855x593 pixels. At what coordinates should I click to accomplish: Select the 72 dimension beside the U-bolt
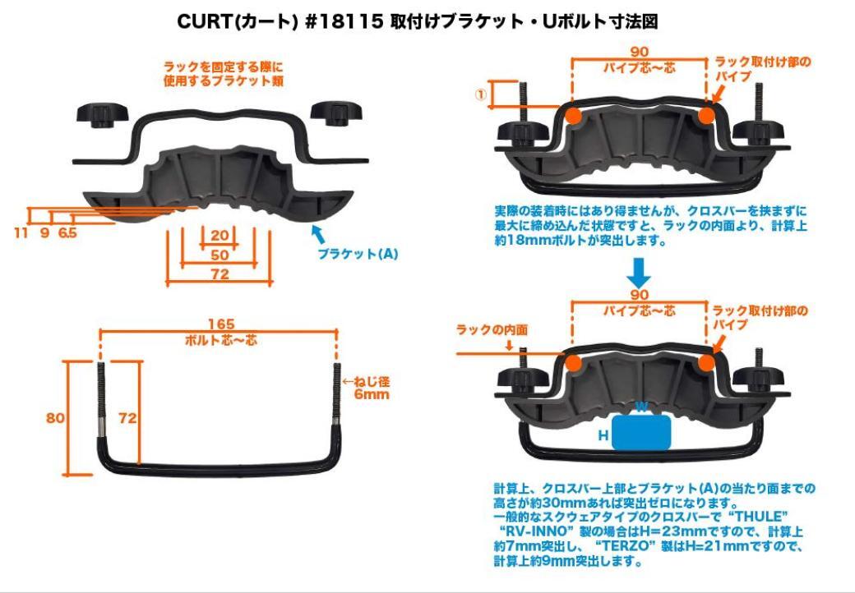pyautogui.click(x=127, y=417)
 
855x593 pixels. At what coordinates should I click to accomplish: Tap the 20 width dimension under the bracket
pyautogui.click(x=219, y=236)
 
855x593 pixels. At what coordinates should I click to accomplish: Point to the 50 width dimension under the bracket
pyautogui.click(x=219, y=255)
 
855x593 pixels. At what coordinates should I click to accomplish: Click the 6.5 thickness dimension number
pyautogui.click(x=67, y=233)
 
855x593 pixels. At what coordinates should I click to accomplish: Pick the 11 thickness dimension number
pyautogui.click(x=21, y=233)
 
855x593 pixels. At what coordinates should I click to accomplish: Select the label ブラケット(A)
pyautogui.click(x=358, y=255)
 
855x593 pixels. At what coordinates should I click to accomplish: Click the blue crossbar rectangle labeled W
pyautogui.click(x=641, y=430)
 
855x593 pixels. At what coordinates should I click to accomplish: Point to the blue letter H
pyautogui.click(x=603, y=436)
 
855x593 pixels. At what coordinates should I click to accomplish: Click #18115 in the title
pyautogui.click(x=344, y=22)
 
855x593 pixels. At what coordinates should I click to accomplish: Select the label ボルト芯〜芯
pyautogui.click(x=219, y=339)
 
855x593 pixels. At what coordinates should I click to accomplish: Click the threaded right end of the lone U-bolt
pyautogui.click(x=338, y=394)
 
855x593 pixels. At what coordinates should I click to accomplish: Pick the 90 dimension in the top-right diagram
pyautogui.click(x=640, y=53)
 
